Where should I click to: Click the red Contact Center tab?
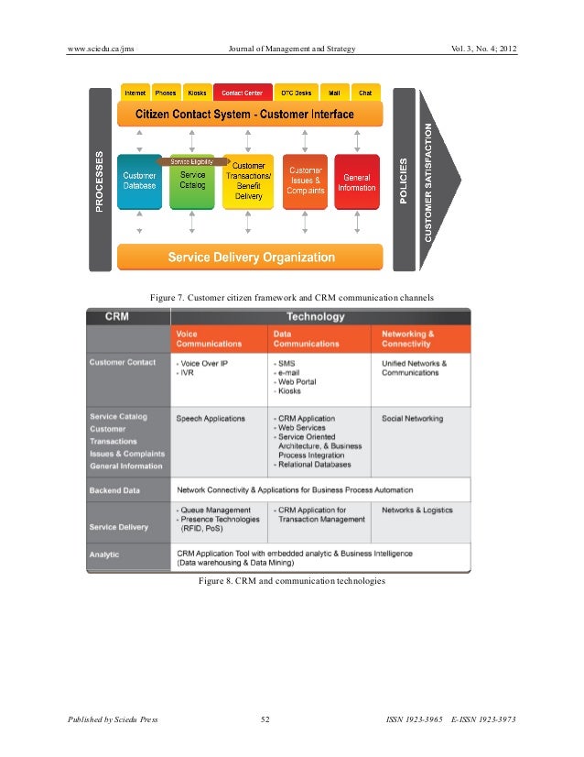[242, 93]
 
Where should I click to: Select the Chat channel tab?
[364, 93]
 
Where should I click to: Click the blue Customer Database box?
[139, 180]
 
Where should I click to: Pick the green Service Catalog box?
[192, 181]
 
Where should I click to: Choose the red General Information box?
[356, 181]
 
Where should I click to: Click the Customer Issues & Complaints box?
[305, 180]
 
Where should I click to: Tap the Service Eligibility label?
[193, 161]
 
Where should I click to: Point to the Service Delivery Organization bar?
[250, 258]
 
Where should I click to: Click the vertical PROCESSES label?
[100, 181]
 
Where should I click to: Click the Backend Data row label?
[114, 490]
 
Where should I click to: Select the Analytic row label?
[104, 554]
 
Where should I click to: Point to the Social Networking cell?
[412, 419]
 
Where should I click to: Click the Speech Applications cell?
[211, 419]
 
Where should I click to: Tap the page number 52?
[265, 720]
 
